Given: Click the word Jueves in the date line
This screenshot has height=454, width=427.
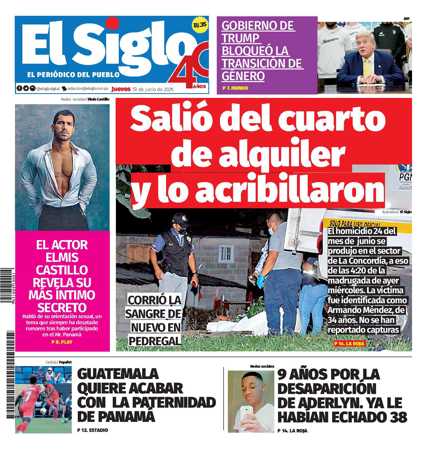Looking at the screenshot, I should click(121, 89).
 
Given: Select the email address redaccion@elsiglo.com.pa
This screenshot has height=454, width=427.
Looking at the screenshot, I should click(88, 89).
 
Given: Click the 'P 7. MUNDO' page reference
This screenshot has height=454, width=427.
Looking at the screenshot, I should click(235, 88).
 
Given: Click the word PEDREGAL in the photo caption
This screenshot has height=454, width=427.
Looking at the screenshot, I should click(155, 341).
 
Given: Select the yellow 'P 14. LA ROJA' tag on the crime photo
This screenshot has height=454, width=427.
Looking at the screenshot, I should click(349, 343).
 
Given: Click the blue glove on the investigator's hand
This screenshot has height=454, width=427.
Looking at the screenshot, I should click(261, 281).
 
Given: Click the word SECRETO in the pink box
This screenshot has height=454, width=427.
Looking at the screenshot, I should click(62, 307).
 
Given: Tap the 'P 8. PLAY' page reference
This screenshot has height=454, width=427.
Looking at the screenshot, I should click(62, 342).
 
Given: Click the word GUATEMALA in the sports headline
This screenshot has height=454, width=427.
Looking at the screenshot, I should click(118, 374).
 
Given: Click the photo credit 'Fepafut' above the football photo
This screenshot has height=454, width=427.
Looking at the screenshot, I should click(65, 362).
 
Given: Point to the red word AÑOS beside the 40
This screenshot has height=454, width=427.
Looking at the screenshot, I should click(199, 86).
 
